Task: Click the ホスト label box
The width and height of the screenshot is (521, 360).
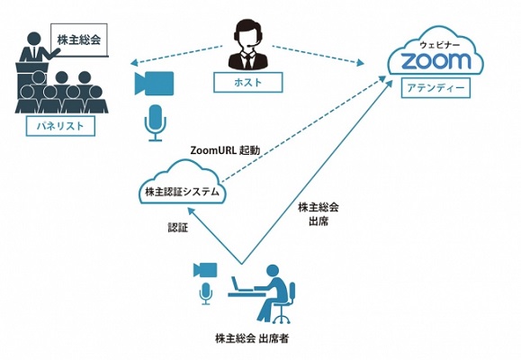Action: (x=247, y=82)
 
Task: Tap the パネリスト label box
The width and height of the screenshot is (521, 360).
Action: (x=60, y=126)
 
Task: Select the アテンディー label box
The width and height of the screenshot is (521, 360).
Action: (x=436, y=88)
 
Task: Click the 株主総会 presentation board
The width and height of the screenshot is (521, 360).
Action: (x=79, y=40)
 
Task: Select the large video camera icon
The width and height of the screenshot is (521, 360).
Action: (x=154, y=83)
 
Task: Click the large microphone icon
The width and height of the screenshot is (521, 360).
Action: (x=155, y=123)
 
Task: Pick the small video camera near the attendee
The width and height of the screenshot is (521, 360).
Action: (x=205, y=270)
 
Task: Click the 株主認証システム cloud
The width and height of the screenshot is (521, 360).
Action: (x=183, y=184)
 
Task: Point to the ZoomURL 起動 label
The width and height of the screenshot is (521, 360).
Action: (x=225, y=150)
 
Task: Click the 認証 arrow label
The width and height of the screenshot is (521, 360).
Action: (x=178, y=228)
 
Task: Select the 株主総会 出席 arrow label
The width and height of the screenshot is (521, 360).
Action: (x=319, y=214)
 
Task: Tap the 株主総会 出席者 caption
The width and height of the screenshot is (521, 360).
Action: (x=252, y=338)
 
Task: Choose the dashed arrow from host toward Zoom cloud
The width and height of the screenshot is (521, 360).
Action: (x=318, y=55)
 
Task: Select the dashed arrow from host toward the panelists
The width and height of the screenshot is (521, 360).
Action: (x=176, y=54)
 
